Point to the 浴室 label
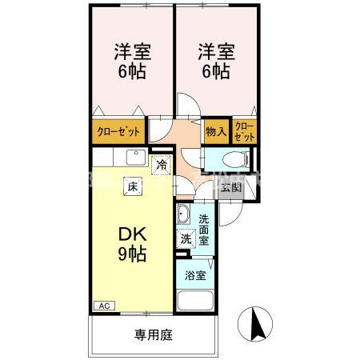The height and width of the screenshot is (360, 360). (x=194, y=277)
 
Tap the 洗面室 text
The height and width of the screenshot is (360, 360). (x=204, y=229)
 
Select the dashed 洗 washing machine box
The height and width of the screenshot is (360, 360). (x=186, y=238)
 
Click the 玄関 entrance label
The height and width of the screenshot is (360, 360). (x=230, y=186)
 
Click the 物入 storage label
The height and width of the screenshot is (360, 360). (x=214, y=131)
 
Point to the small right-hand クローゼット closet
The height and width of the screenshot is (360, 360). (x=245, y=131)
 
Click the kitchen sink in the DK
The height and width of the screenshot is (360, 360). (x=132, y=158)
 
